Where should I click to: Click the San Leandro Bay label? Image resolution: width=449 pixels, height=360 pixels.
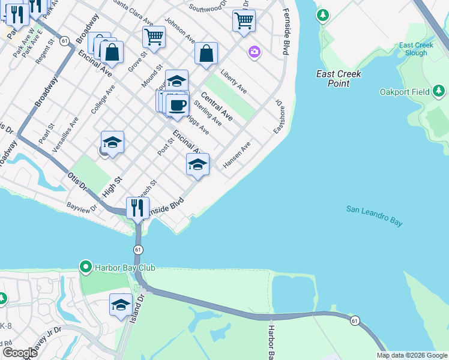374,216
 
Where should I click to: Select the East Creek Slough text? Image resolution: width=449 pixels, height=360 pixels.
413,49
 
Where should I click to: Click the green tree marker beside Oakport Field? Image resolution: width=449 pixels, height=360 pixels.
439,91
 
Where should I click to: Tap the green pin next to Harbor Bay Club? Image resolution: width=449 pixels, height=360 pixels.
85,267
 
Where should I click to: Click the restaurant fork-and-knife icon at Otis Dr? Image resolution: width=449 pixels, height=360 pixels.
137,208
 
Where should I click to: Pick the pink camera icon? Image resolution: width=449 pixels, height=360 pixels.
255,52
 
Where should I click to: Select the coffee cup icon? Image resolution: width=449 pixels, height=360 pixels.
178,106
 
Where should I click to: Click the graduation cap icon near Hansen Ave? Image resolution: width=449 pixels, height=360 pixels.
197,164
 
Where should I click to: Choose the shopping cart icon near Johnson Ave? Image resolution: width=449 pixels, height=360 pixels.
154,37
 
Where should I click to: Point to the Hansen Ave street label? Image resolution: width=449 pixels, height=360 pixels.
236,155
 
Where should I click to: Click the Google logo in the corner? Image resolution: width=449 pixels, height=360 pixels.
20,353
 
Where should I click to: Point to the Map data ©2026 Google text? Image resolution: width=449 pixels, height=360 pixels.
411,355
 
